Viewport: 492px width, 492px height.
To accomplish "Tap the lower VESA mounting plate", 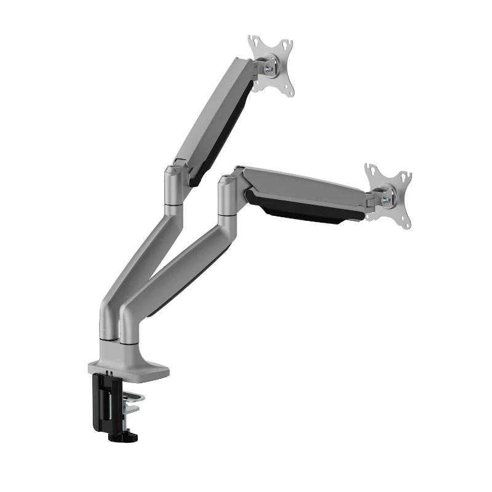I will [388, 196].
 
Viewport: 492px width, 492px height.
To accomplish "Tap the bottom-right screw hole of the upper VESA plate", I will [288, 92].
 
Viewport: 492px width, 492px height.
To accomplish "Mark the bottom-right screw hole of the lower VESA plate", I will [406, 222].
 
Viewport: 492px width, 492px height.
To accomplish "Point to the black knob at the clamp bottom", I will [124, 435].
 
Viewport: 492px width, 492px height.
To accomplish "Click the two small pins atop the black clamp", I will [109, 373].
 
